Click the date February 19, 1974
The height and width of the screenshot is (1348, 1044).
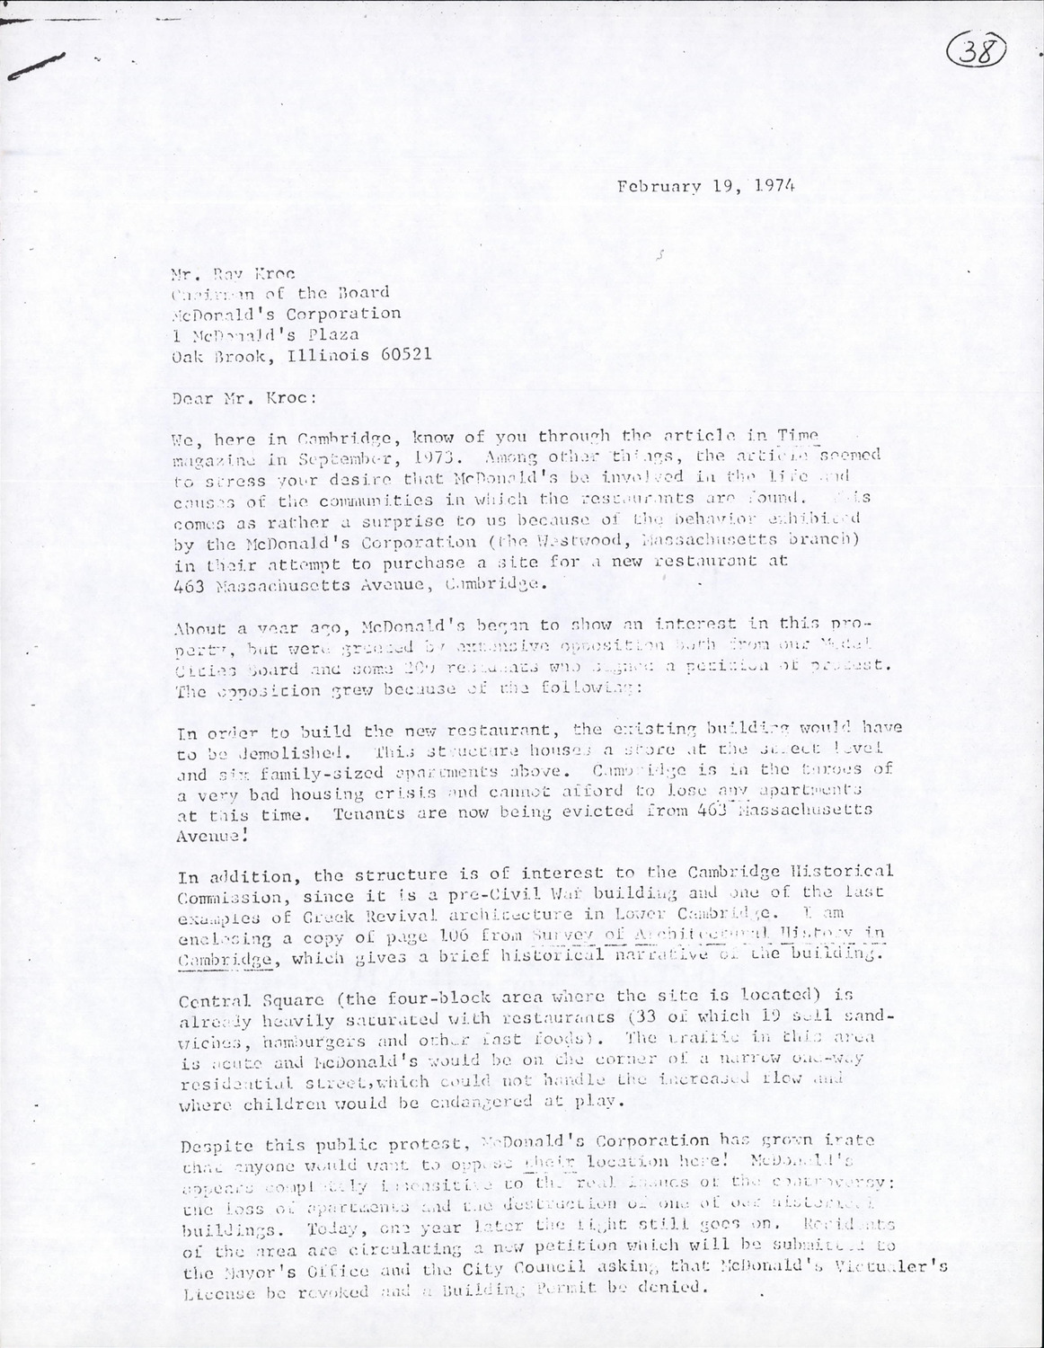(706, 187)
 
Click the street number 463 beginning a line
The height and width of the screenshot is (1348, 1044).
(190, 584)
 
